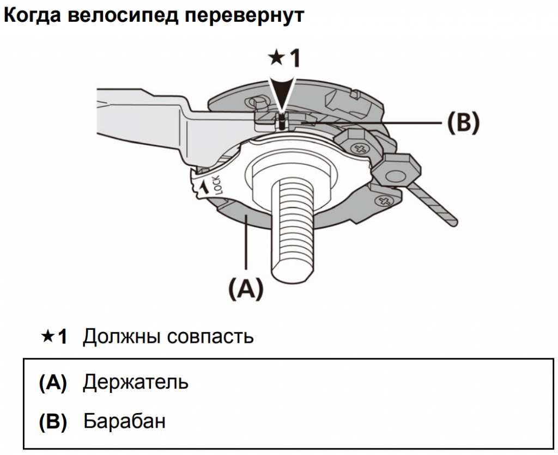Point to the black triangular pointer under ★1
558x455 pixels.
point(281,93)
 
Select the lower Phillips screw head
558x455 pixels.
point(386,202)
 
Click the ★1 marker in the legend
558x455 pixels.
point(53,337)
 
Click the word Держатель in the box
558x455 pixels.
point(136,382)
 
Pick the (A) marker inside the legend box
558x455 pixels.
point(53,383)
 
